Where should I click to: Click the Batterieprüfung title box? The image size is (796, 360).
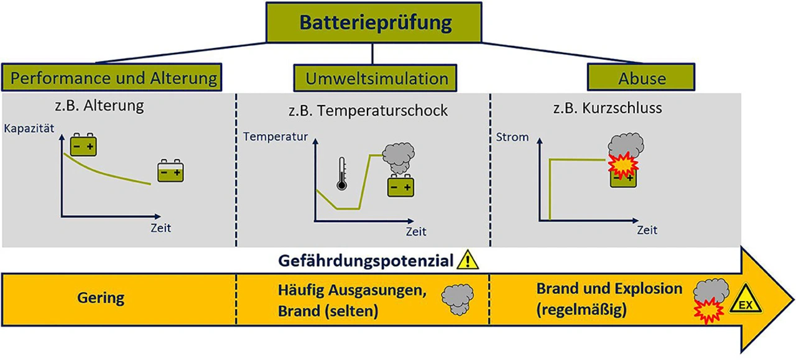[373, 22]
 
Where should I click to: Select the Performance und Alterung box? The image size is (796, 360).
[115, 79]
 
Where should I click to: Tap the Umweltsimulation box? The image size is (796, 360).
[377, 79]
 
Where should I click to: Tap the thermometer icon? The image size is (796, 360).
[341, 173]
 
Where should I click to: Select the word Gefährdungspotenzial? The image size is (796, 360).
[366, 261]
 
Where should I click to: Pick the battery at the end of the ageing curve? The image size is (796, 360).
[171, 172]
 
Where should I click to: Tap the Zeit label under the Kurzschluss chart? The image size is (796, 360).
[647, 229]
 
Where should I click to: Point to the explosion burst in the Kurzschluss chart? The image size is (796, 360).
[619, 165]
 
